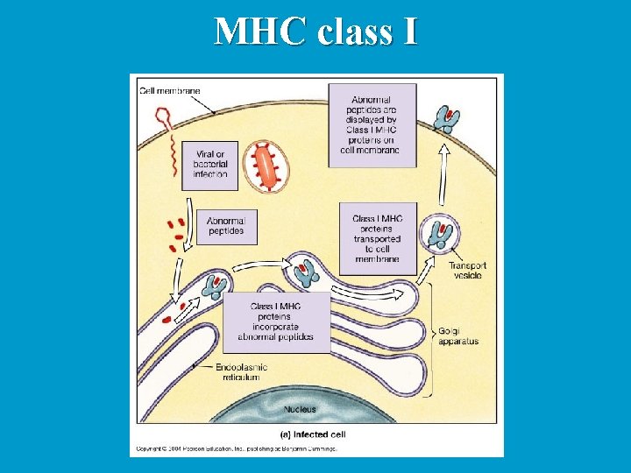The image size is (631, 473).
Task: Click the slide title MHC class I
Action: click(x=315, y=32)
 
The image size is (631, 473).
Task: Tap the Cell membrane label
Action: click(x=163, y=90)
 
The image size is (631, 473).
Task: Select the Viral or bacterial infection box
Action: click(x=209, y=164)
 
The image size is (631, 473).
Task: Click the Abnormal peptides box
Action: click(x=226, y=225)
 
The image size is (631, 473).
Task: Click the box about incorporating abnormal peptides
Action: click(x=277, y=321)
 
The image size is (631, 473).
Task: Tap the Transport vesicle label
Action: click(x=467, y=270)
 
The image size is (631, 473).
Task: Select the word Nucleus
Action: click(x=301, y=409)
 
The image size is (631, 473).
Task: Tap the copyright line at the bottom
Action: click(x=234, y=448)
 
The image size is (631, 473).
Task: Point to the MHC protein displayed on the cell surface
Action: click(x=448, y=119)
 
